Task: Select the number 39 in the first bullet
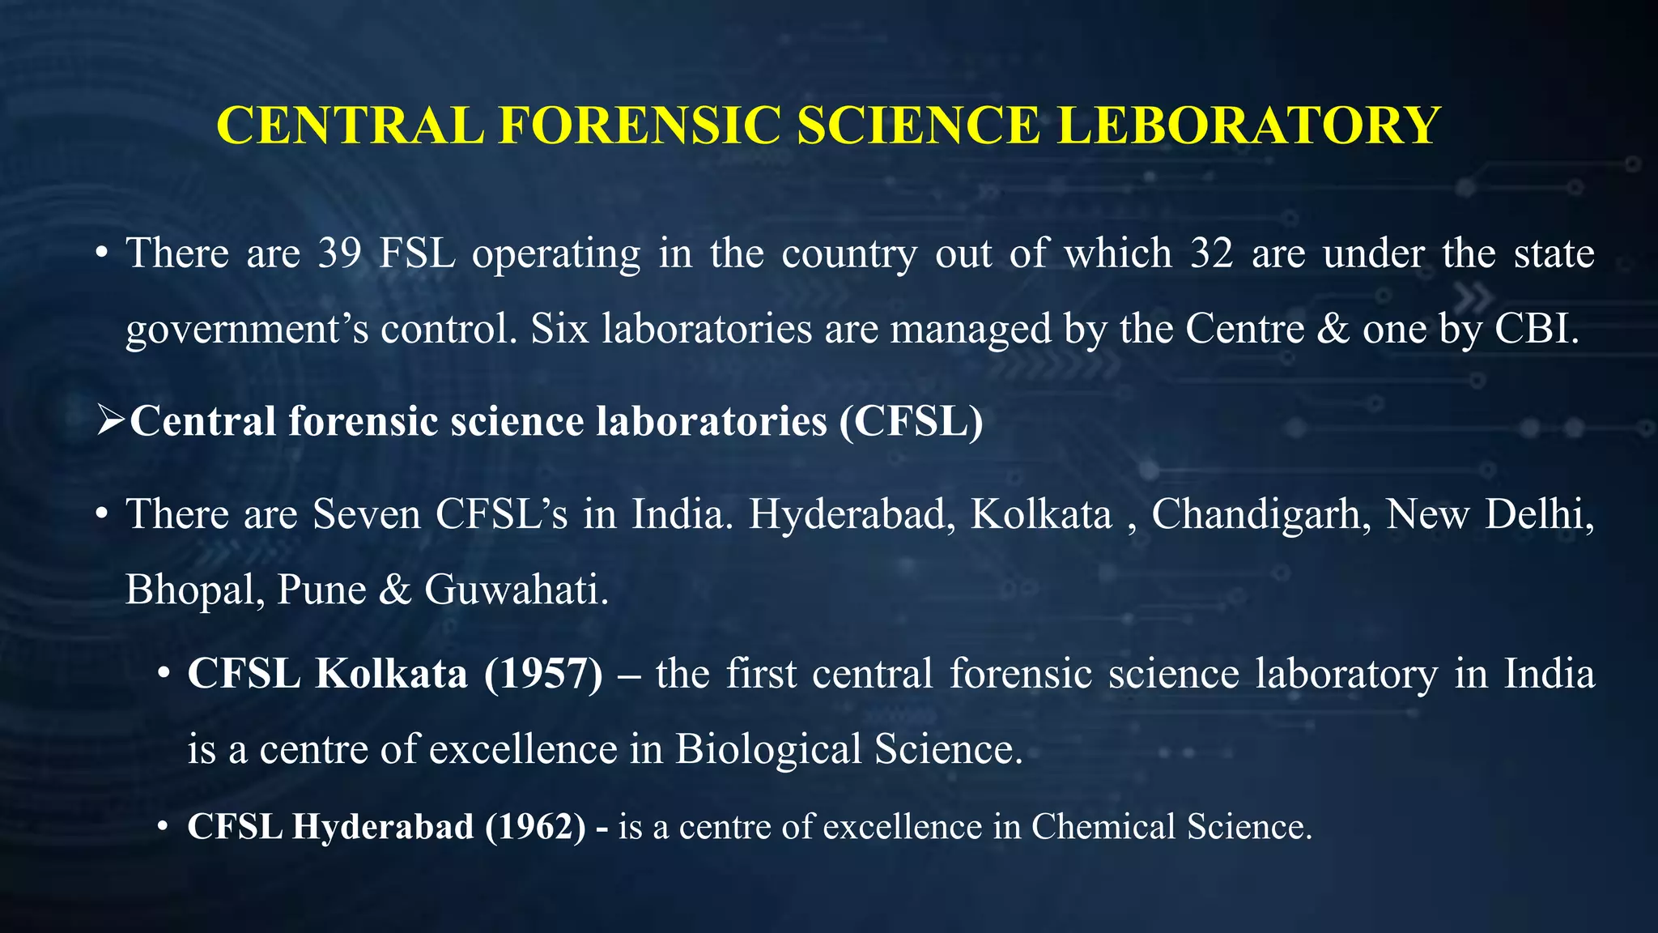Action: click(339, 253)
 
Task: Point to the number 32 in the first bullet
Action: click(1212, 253)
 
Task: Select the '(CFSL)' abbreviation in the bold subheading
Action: click(912, 421)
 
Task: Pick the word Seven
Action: click(367, 514)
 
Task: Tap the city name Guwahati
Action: click(516, 590)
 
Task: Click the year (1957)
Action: click(543, 674)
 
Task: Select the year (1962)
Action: click(535, 827)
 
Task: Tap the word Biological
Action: click(767, 749)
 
